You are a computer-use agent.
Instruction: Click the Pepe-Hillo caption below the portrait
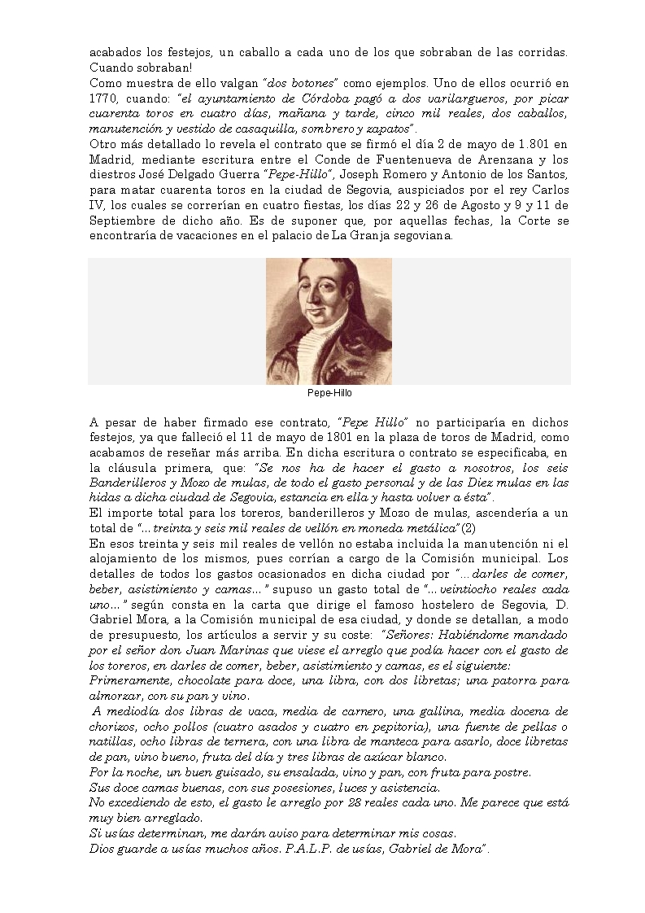click(329, 392)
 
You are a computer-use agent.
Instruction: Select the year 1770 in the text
click(105, 98)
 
